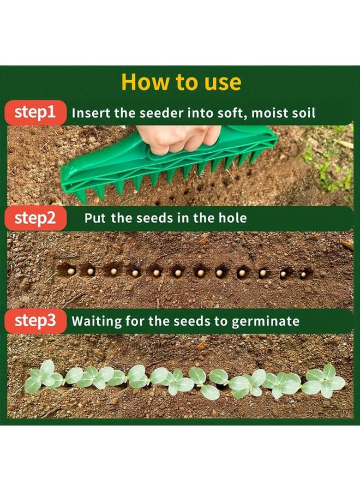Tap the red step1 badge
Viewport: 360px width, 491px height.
[35, 112]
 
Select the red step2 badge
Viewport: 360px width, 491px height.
[35, 218]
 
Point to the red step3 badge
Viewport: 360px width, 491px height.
[35, 321]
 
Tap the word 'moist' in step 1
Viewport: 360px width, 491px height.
[263, 113]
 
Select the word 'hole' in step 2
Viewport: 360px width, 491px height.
[233, 218]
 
